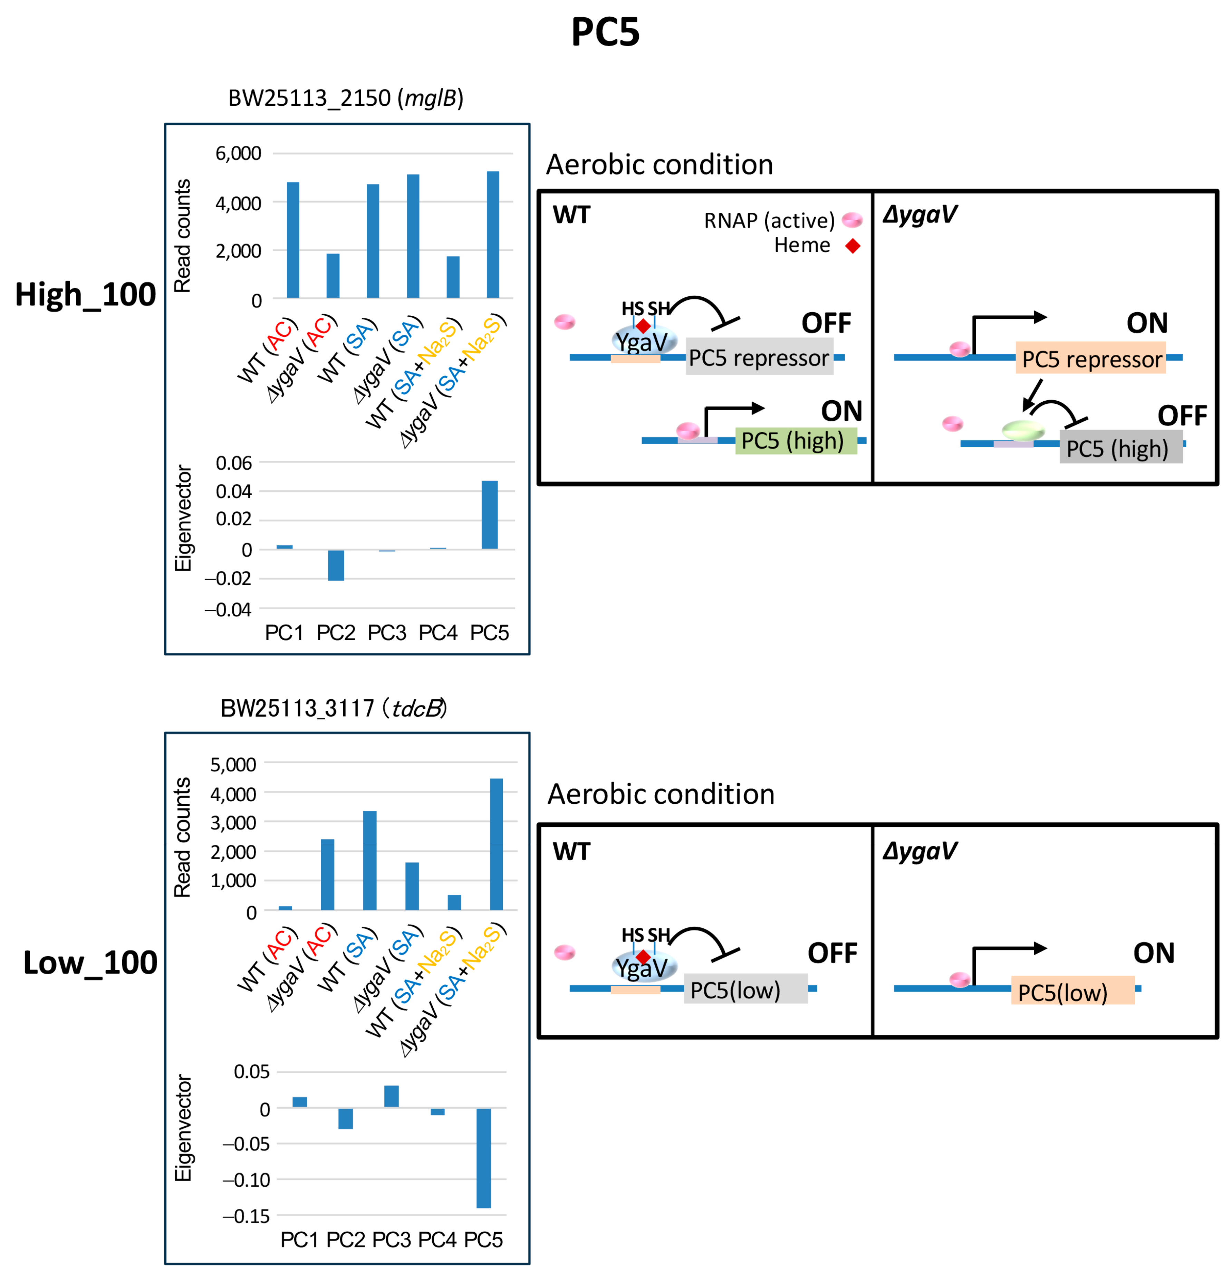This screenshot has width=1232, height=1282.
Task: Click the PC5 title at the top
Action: (605, 31)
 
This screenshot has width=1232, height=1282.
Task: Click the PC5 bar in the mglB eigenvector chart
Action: (489, 515)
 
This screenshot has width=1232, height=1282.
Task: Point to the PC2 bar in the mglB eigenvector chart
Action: (336, 565)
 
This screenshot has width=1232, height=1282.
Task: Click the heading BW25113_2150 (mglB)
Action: (345, 98)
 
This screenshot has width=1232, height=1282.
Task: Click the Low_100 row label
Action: (90, 963)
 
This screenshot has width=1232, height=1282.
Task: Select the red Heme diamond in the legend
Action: (852, 246)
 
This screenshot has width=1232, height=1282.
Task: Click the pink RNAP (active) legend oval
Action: (852, 220)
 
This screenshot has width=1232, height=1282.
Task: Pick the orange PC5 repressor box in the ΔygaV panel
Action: (1090, 358)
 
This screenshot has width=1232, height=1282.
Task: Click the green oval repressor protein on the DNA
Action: (1023, 430)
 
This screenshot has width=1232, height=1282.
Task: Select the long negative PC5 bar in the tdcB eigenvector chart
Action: (483, 1158)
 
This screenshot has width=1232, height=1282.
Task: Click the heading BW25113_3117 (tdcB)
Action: (334, 708)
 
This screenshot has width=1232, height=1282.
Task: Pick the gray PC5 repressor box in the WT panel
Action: (759, 357)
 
